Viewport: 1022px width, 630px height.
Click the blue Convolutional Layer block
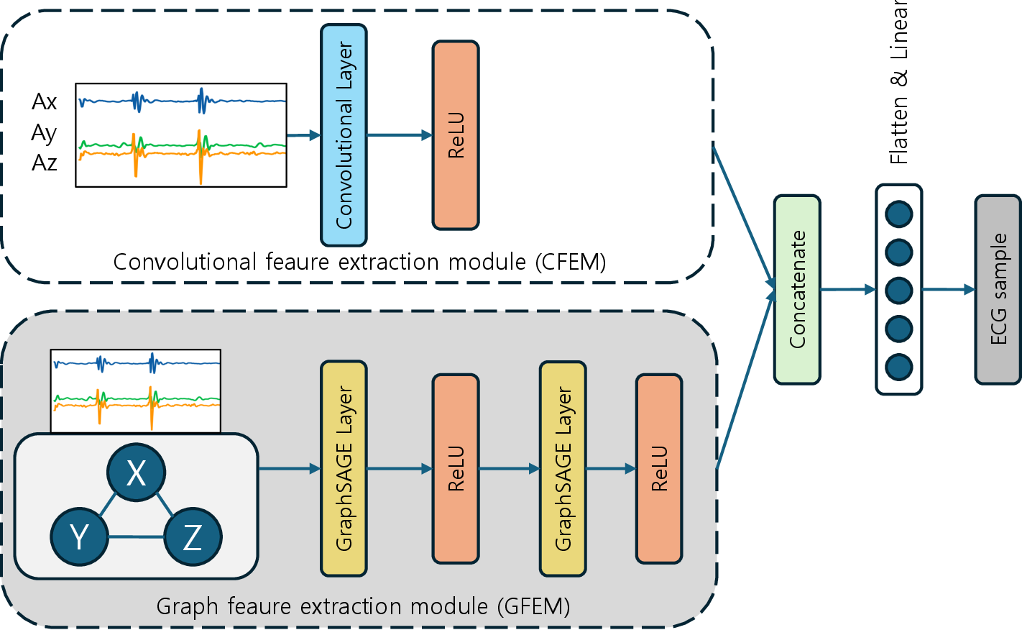point(344,135)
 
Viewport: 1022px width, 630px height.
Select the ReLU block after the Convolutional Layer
point(456,135)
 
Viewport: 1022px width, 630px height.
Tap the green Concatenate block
point(797,289)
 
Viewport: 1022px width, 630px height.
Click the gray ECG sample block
point(998,289)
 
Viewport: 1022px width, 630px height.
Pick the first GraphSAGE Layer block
point(344,468)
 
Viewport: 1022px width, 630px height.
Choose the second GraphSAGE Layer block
point(563,468)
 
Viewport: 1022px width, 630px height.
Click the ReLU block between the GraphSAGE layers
point(456,468)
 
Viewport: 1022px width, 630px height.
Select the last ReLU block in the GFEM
point(659,468)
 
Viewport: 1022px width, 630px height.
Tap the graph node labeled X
point(136,472)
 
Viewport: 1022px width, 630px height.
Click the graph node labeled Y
point(79,537)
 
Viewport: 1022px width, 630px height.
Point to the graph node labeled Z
point(193,537)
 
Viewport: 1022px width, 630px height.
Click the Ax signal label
point(45,101)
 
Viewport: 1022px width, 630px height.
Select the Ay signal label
point(45,133)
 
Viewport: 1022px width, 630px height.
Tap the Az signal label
point(45,163)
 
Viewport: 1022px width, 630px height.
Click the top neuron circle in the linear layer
point(899,214)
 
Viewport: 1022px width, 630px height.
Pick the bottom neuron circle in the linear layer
point(899,367)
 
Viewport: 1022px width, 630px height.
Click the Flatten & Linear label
point(899,83)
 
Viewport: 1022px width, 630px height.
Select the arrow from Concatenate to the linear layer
point(848,290)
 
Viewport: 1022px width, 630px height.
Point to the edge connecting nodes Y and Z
point(136,537)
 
